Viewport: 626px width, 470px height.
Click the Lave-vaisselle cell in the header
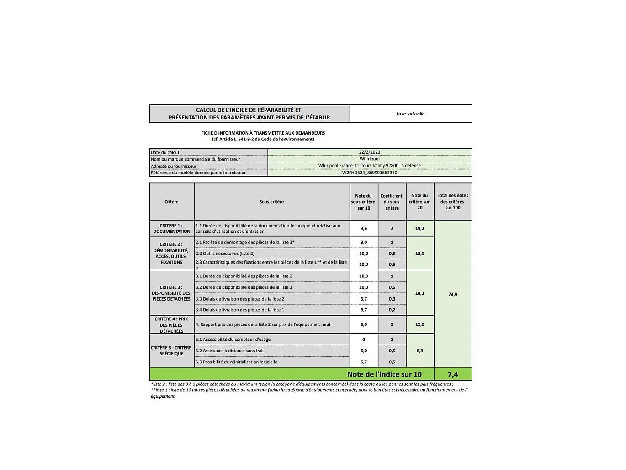point(410,113)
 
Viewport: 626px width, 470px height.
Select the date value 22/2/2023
point(369,152)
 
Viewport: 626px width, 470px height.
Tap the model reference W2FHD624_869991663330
point(369,173)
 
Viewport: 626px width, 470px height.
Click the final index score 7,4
point(452,374)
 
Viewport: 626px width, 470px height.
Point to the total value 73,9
point(452,294)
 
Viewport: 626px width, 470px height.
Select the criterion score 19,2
point(419,228)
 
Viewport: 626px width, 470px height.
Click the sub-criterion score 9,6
point(364,228)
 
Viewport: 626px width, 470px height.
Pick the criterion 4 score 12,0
point(419,324)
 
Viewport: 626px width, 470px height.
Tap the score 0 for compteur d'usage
point(364,340)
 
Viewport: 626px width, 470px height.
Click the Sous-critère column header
point(271,202)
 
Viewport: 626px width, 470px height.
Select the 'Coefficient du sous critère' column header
point(392,202)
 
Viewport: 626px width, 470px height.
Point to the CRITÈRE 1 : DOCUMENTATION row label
point(171,228)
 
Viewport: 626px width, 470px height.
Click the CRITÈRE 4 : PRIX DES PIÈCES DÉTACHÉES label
point(171,325)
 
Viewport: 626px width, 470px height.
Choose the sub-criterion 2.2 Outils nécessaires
point(225,254)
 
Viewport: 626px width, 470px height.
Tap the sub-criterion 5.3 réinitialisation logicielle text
point(236,362)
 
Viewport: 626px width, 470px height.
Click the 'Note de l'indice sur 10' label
point(384,374)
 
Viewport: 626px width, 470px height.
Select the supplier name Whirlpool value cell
point(369,159)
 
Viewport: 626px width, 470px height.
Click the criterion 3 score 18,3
point(419,293)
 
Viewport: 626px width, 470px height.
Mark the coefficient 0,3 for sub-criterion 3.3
point(392,299)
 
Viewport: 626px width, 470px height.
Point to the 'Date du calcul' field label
point(165,153)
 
